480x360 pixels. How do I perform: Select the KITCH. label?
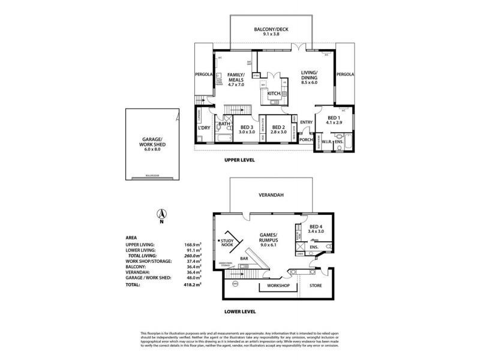pyautogui.click(x=274, y=94)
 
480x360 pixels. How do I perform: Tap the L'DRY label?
pyautogui.click(x=203, y=128)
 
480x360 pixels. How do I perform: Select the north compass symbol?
pyautogui.click(x=161, y=215)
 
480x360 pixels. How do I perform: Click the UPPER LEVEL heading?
pyautogui.click(x=240, y=160)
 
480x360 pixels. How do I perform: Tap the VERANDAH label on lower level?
pyautogui.click(x=271, y=196)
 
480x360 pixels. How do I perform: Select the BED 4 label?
pyautogui.click(x=316, y=227)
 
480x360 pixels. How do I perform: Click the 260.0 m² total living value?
pyautogui.click(x=192, y=256)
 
